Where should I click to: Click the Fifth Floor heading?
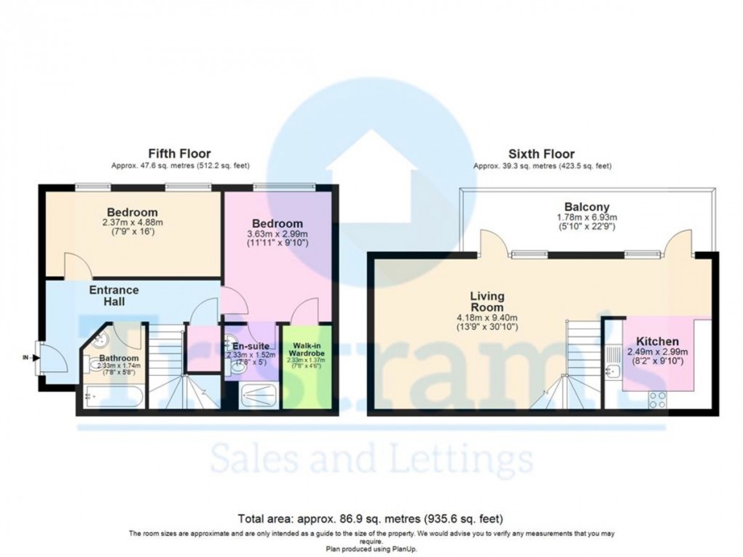tap(179, 154)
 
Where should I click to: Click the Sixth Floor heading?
tap(542, 154)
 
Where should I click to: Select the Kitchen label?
tap(657, 341)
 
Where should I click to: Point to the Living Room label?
tap(487, 302)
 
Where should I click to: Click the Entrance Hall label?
tap(114, 296)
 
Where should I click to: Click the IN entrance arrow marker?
tap(28, 358)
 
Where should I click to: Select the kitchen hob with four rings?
tap(657, 399)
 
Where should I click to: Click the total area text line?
tap(371, 518)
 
